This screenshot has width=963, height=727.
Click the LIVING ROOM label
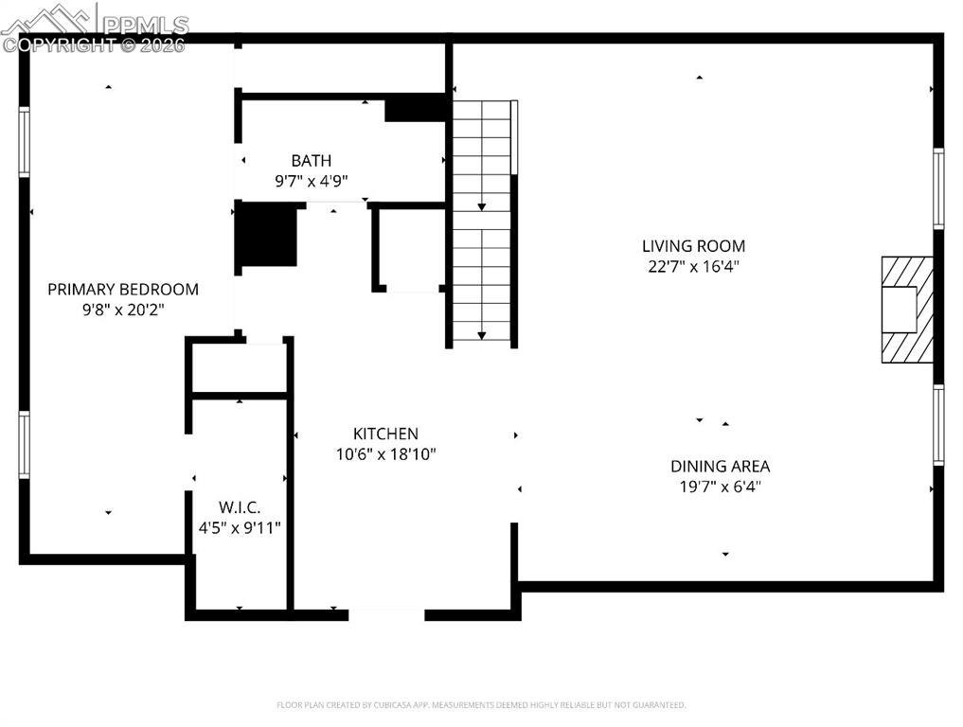pos(693,246)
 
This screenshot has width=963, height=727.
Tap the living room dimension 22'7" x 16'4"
pos(693,267)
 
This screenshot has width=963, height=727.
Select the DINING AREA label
pos(720,467)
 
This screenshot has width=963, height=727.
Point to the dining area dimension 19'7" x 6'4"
pos(720,488)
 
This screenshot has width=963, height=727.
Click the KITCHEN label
pos(385,434)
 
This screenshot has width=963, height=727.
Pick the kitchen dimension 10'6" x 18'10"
pos(385,454)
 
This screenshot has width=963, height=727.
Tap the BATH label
pos(312,161)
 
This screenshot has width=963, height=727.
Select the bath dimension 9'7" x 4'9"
pos(312,181)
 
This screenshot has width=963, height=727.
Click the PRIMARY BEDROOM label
pos(123,290)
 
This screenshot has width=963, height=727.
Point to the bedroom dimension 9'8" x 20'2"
pos(123,310)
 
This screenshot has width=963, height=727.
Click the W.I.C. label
pos(239,508)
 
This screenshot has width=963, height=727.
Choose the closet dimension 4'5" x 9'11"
pos(239,528)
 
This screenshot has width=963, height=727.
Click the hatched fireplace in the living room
pos(907,310)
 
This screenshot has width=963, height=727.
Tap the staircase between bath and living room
pos(482,222)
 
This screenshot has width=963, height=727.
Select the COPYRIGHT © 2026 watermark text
pos(95,44)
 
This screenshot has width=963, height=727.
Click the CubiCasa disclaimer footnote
pos(481,705)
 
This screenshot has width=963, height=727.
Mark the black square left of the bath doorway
pos(266,235)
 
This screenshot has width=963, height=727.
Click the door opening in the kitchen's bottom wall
pos(386,615)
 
